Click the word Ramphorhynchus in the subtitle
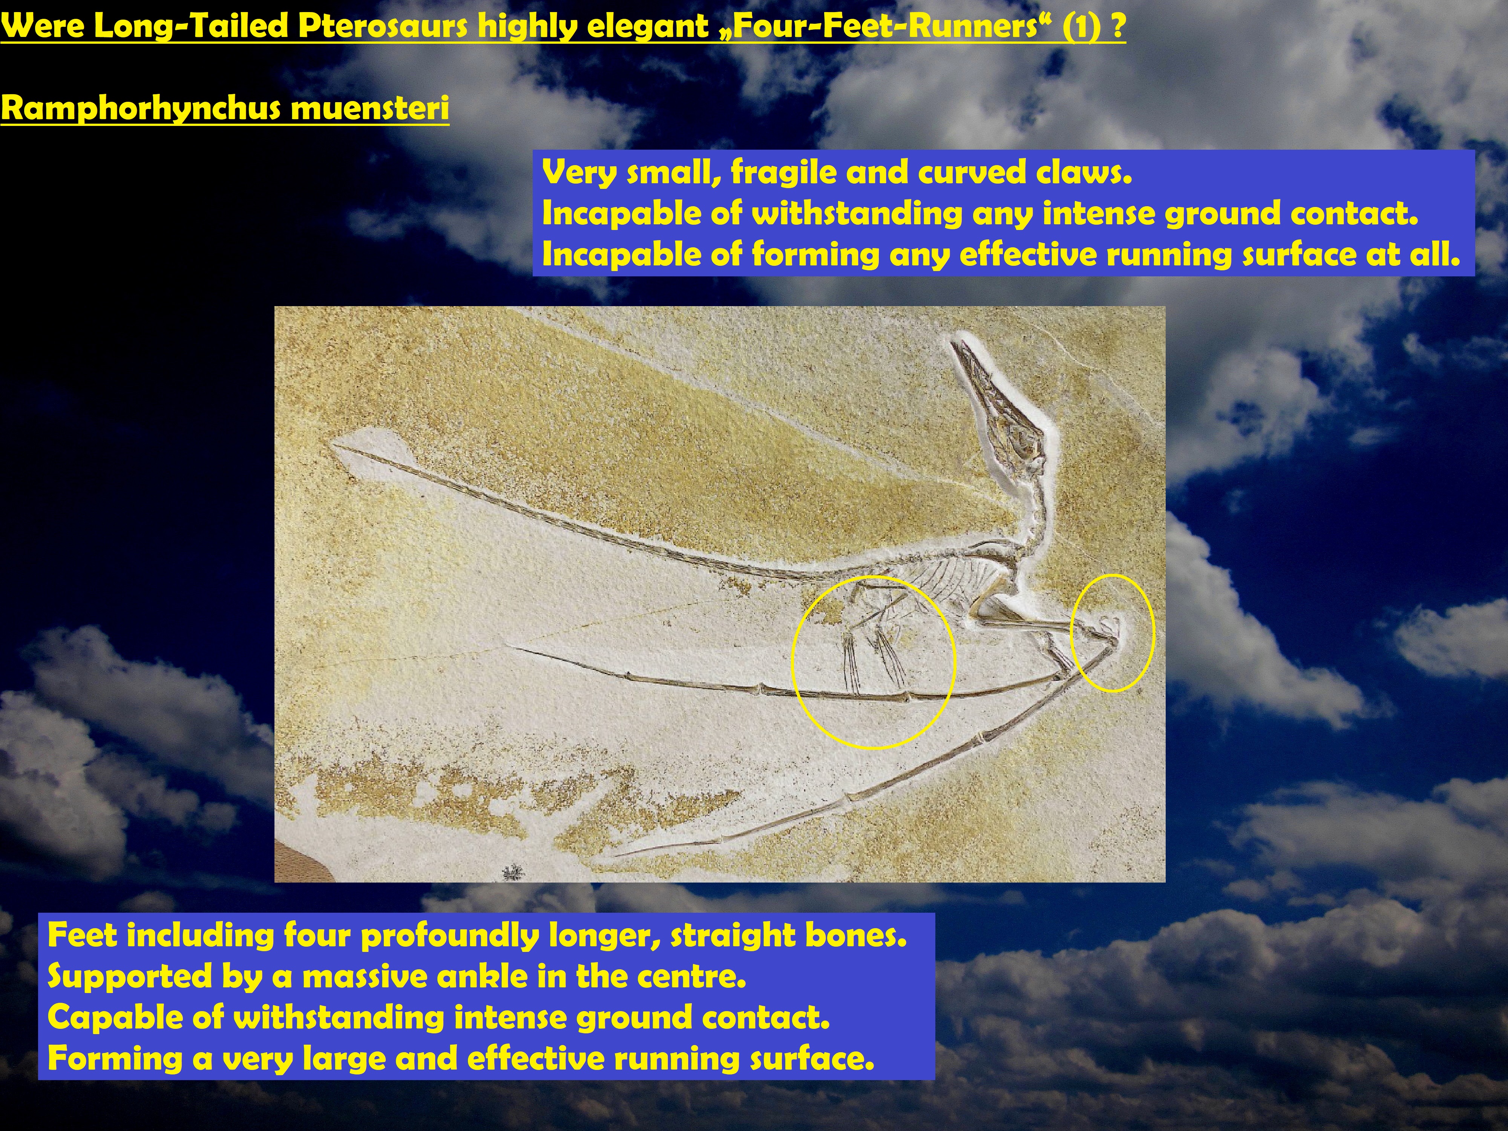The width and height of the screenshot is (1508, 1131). tap(141, 109)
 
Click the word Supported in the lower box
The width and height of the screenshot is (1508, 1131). tap(130, 977)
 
